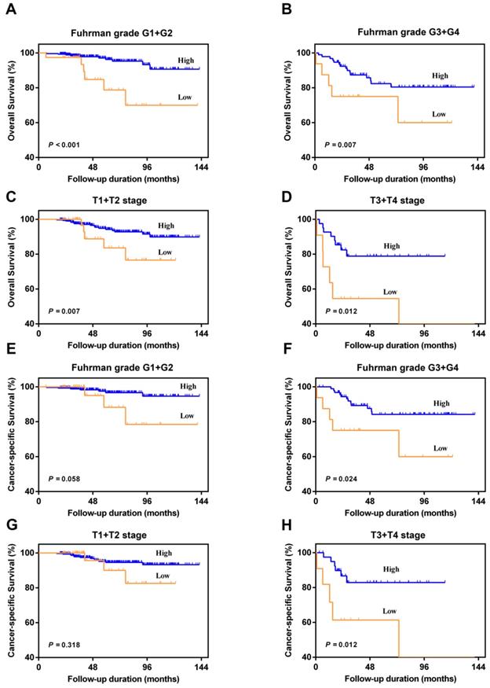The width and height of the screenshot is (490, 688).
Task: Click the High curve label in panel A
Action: [185, 60]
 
